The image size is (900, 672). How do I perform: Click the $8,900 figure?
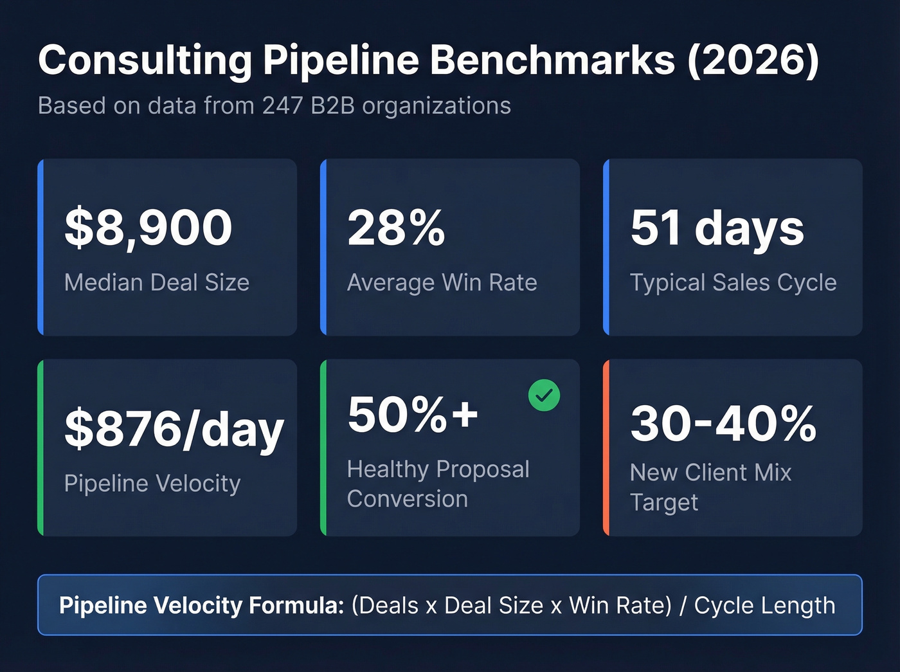[148, 228]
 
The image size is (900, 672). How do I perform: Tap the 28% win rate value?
[396, 228]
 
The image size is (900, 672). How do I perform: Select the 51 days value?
[717, 228]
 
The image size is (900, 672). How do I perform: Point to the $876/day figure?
[174, 430]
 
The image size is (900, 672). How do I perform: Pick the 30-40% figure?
[723, 423]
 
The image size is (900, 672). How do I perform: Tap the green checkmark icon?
[544, 395]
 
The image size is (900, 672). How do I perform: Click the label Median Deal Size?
[157, 282]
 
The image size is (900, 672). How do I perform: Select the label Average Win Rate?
[442, 282]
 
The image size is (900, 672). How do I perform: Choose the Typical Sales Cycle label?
[733, 282]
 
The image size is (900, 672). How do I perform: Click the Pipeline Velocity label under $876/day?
[152, 483]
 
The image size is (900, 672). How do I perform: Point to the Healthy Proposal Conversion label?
[437, 484]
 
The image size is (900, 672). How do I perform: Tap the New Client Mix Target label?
[710, 487]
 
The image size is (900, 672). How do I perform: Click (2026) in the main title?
[753, 60]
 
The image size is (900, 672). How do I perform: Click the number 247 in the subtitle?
[282, 105]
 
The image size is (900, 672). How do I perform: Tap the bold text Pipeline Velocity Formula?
[202, 605]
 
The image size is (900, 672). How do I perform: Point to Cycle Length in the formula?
[764, 605]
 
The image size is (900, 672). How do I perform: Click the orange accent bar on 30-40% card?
[606, 448]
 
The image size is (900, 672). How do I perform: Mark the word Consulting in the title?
[145, 60]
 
